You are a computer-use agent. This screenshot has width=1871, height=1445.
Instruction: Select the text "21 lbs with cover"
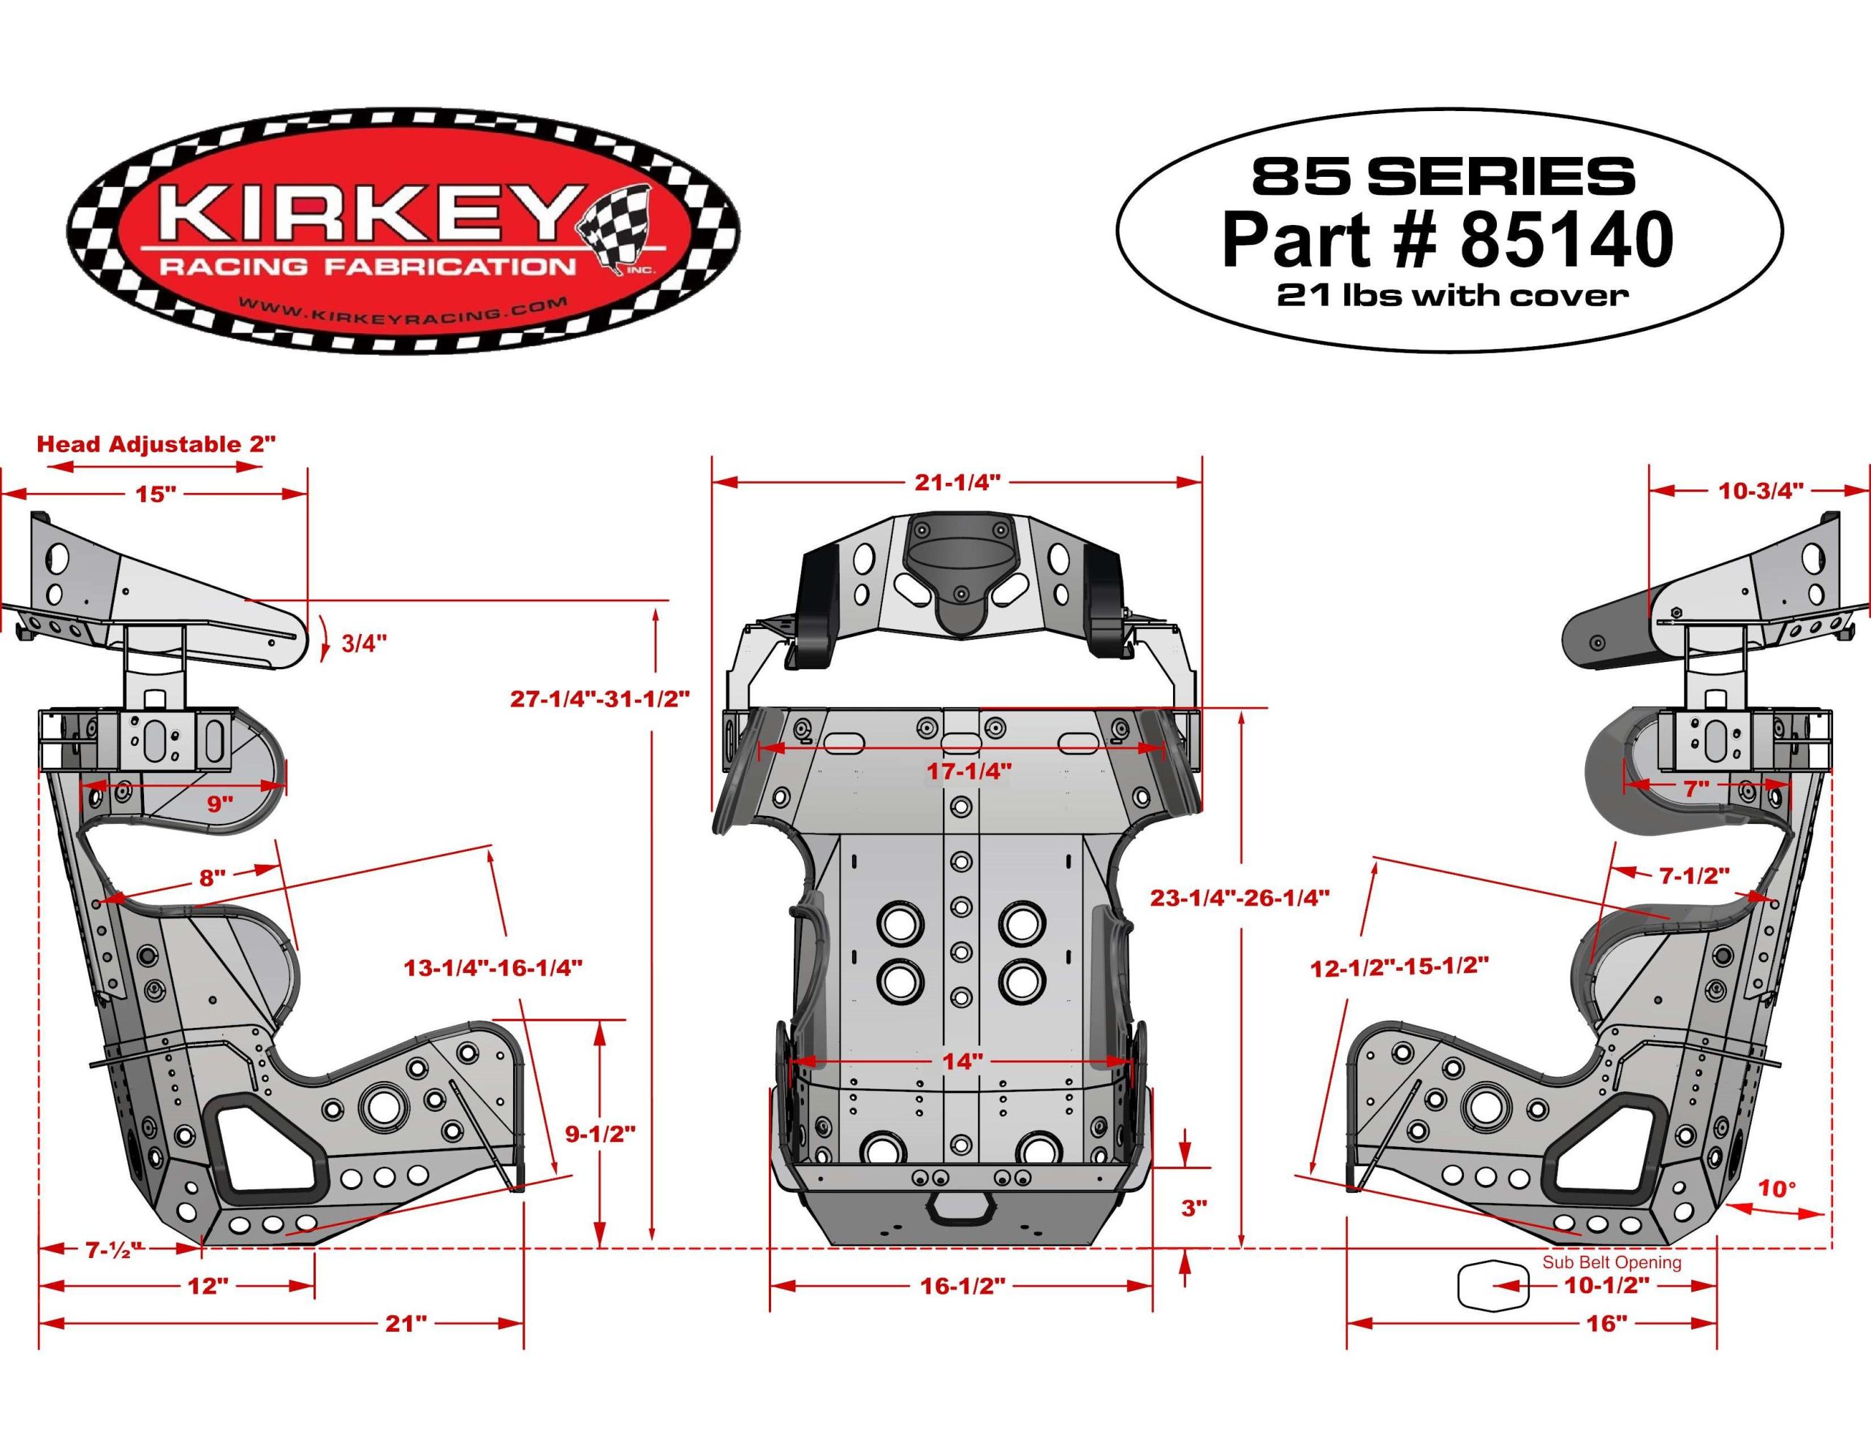[1451, 296]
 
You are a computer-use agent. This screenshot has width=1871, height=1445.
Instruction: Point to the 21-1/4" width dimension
[957, 482]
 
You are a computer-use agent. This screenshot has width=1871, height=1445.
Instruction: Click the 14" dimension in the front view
[961, 1061]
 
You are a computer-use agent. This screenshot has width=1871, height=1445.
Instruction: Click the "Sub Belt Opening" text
[1612, 1262]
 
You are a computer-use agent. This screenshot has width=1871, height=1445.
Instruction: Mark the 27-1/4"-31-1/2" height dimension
[601, 698]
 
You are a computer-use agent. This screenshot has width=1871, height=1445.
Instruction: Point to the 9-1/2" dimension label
[600, 1133]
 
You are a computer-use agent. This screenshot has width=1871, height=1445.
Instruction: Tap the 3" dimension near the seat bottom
[1194, 1208]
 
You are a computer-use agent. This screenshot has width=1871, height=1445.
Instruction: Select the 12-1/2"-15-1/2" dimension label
[1399, 968]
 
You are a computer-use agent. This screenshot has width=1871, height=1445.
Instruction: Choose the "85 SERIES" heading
[1443, 175]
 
